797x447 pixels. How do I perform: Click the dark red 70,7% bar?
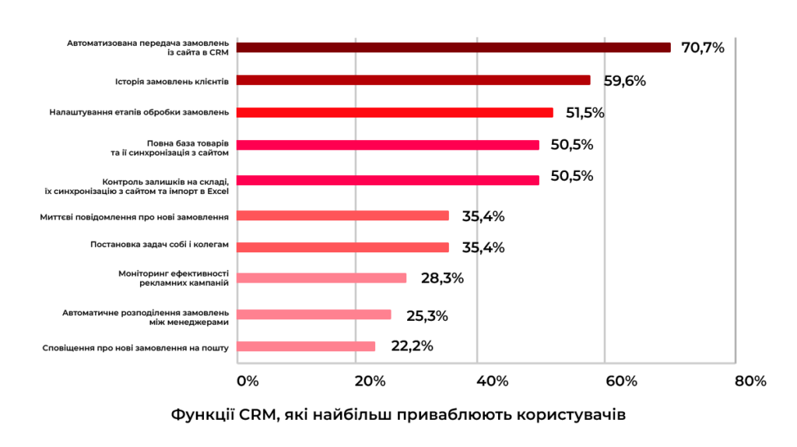click(x=453, y=48)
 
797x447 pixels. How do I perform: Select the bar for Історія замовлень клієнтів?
click(x=413, y=80)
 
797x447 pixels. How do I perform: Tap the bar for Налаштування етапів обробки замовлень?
click(x=394, y=112)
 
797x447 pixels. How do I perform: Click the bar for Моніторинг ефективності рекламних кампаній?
click(x=321, y=278)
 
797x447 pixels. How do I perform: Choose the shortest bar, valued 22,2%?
click(x=305, y=347)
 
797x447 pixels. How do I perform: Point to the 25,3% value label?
click(x=427, y=315)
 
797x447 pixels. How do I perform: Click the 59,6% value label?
click(x=625, y=80)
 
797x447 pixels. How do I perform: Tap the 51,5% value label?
click(x=585, y=113)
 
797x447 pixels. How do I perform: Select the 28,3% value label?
click(x=442, y=278)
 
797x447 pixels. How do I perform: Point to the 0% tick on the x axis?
click(x=247, y=381)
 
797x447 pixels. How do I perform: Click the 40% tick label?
click(x=492, y=381)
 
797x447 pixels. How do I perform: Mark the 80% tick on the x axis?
click(x=750, y=381)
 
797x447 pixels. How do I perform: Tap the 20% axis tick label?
click(x=370, y=381)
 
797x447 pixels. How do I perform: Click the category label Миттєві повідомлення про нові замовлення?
click(x=135, y=216)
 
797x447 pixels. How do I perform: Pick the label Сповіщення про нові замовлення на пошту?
click(x=135, y=347)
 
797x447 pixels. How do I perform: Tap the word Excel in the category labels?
click(x=217, y=190)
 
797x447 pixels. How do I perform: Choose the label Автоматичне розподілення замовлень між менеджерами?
click(x=146, y=315)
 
